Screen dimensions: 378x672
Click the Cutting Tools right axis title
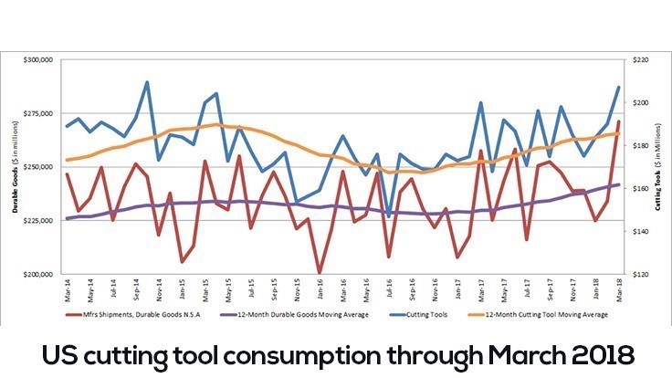point(659,167)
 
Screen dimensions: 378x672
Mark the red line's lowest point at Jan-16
point(319,272)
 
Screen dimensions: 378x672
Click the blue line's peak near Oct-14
point(147,82)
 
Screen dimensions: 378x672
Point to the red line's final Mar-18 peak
point(618,121)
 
